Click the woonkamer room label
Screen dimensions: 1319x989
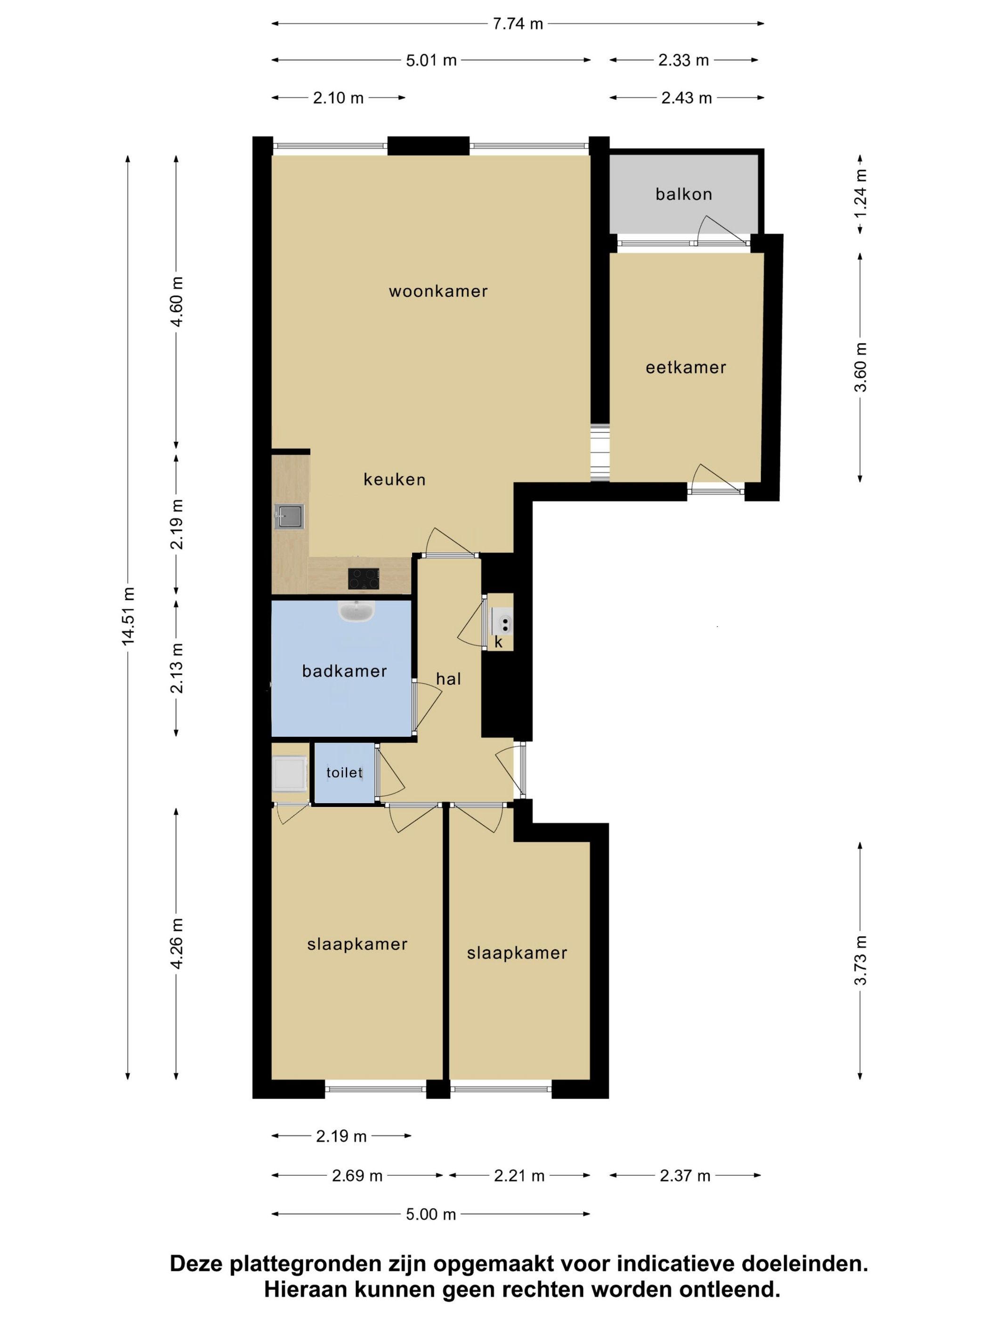(x=438, y=291)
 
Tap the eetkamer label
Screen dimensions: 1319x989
(x=686, y=367)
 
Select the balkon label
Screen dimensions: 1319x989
(x=683, y=194)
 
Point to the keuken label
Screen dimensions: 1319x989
(x=395, y=480)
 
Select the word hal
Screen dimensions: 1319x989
(x=448, y=679)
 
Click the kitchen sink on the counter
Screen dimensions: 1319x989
(x=290, y=516)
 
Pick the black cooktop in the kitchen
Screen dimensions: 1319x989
(x=364, y=578)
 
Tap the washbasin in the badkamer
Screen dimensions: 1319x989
(x=357, y=611)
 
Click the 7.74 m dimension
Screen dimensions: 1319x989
(x=518, y=24)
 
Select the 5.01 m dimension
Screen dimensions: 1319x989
(x=431, y=60)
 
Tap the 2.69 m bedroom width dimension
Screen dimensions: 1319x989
(x=357, y=1175)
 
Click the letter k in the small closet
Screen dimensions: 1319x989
(x=498, y=642)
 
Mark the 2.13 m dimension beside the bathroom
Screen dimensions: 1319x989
(x=177, y=668)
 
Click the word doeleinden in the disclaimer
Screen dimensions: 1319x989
(x=804, y=1263)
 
